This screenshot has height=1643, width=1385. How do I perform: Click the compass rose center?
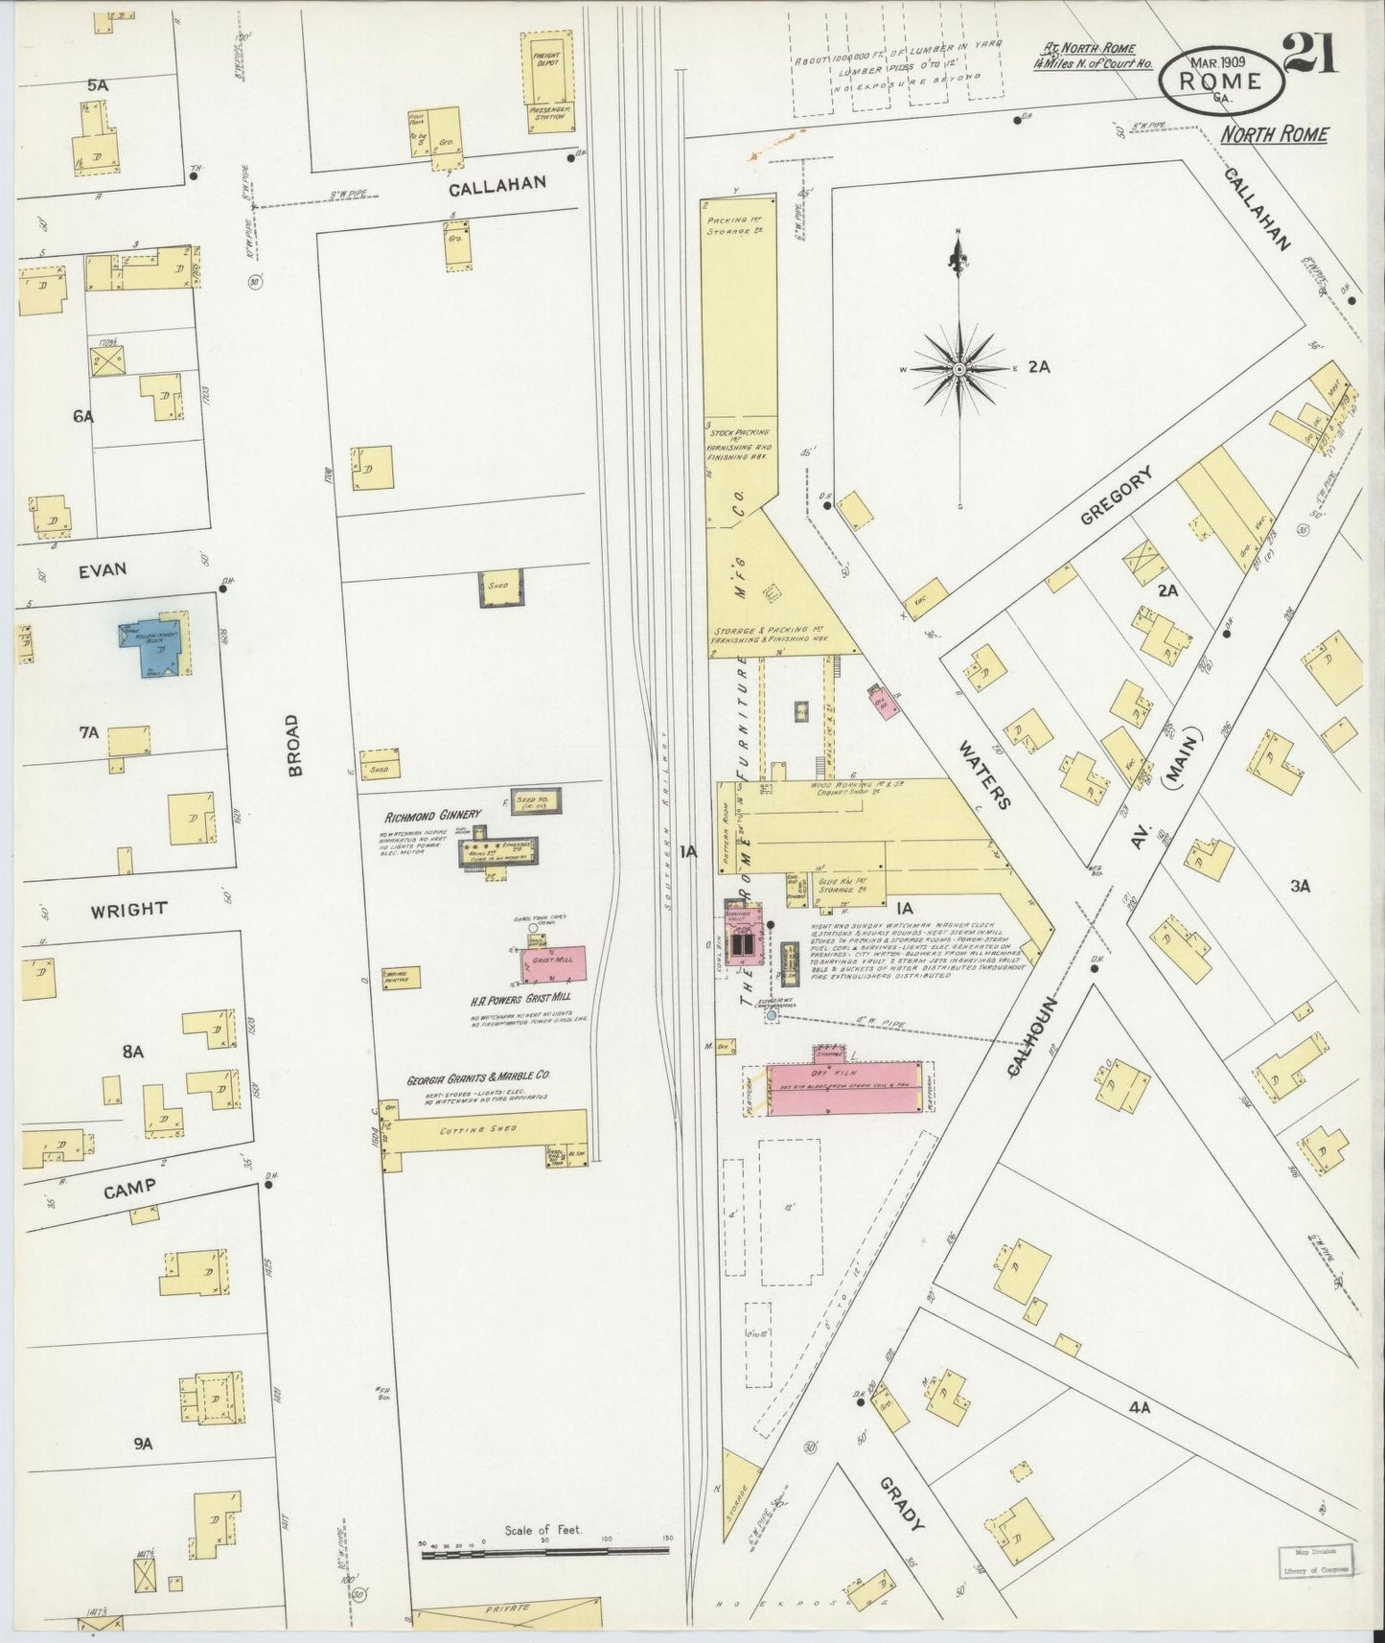[958, 369]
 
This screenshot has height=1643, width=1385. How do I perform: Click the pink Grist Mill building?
[554, 964]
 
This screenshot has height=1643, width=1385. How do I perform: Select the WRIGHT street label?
[129, 909]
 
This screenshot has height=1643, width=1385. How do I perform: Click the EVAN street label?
[103, 569]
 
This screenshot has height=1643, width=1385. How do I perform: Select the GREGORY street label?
[1115, 495]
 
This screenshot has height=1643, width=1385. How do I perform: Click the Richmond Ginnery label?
[432, 817]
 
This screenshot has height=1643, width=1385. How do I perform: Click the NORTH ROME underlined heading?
[1274, 135]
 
